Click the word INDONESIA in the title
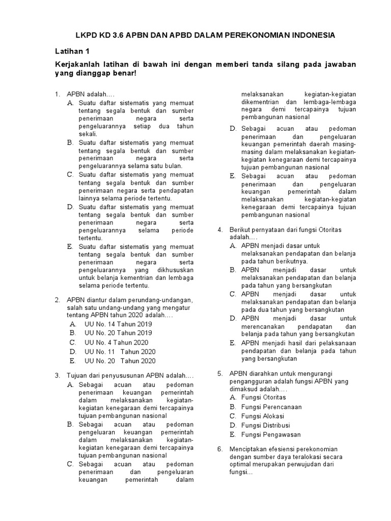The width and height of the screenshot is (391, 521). point(308,35)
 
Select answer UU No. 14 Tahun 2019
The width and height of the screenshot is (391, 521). point(118,324)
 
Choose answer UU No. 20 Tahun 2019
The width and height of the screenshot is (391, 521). point(118,333)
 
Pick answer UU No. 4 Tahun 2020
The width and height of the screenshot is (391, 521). point(116,342)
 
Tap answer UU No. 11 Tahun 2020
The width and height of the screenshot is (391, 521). point(120,352)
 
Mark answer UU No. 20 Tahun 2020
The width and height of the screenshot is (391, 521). point(120,361)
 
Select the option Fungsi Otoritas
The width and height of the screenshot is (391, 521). point(263,397)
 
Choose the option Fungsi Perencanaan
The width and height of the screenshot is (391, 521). point(271,407)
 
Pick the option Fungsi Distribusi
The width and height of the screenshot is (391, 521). point(265,425)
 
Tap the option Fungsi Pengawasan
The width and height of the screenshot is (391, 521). point(271,435)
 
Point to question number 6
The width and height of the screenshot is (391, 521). point(220,449)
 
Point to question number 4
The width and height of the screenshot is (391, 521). point(220,230)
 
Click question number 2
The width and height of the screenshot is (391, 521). point(58,300)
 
